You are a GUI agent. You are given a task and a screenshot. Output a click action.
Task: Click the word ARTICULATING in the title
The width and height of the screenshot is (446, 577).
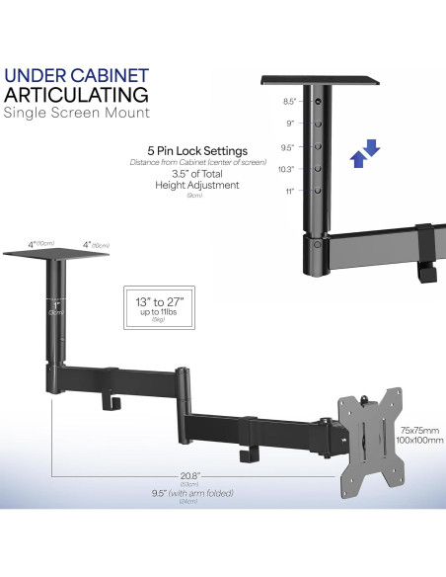coord(76,95)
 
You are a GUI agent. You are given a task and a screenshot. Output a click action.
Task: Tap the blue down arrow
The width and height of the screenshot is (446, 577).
coord(373,149)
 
